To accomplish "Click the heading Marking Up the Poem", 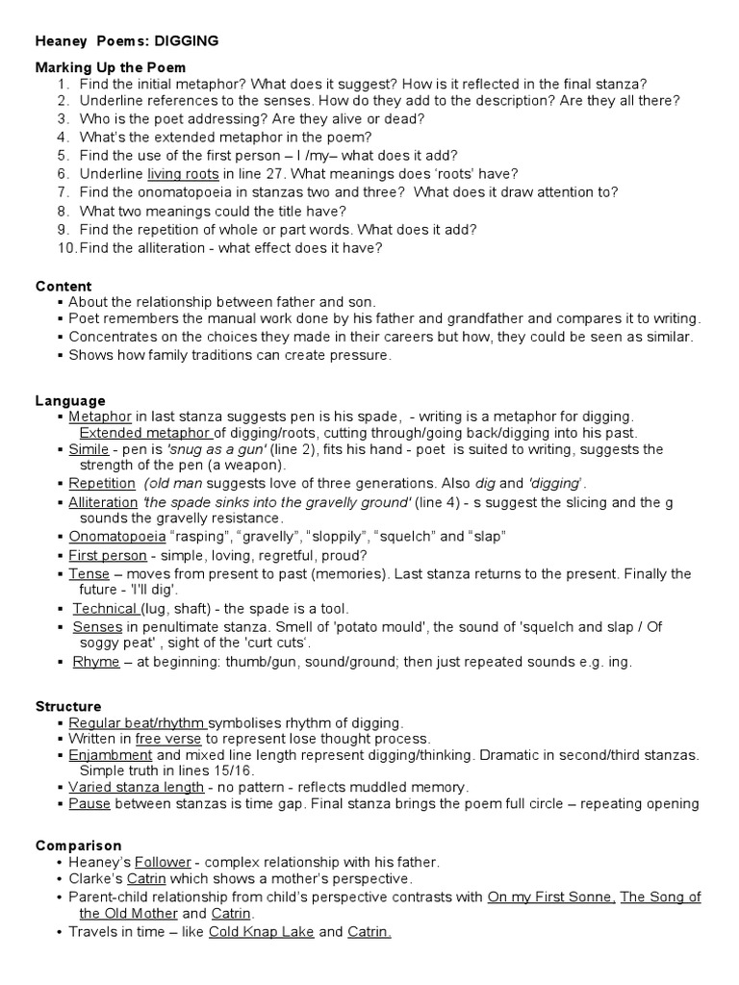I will click(111, 67).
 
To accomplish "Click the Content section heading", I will click(64, 286).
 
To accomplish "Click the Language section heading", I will click(70, 400).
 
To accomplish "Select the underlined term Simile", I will click(88, 449).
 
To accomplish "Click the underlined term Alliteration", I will click(102, 502).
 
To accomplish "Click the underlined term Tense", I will click(89, 573).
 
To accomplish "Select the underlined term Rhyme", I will click(95, 662).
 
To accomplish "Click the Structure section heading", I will click(68, 706).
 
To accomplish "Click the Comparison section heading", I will click(78, 846).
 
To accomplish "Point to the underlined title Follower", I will click(163, 863).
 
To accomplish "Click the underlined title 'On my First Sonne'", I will click(551, 897).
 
